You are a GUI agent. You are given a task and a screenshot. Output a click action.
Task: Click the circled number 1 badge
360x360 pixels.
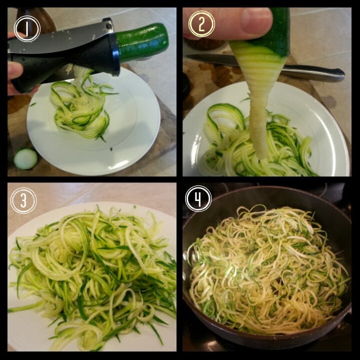27,29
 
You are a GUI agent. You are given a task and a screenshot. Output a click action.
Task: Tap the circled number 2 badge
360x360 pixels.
202,24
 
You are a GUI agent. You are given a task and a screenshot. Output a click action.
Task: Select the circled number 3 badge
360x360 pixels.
24,201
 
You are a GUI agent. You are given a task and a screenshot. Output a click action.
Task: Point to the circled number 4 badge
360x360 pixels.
199,199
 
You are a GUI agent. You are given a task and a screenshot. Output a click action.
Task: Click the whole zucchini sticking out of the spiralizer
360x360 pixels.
142,43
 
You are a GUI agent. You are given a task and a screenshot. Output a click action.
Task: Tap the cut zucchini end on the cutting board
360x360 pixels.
25,159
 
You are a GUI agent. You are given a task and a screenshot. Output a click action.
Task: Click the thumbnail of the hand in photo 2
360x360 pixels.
257,21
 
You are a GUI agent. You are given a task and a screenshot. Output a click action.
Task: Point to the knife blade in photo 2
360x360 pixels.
212,60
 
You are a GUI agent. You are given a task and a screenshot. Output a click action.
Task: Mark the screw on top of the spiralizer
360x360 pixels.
109,26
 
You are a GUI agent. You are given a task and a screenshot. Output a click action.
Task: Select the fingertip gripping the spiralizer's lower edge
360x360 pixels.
15,70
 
